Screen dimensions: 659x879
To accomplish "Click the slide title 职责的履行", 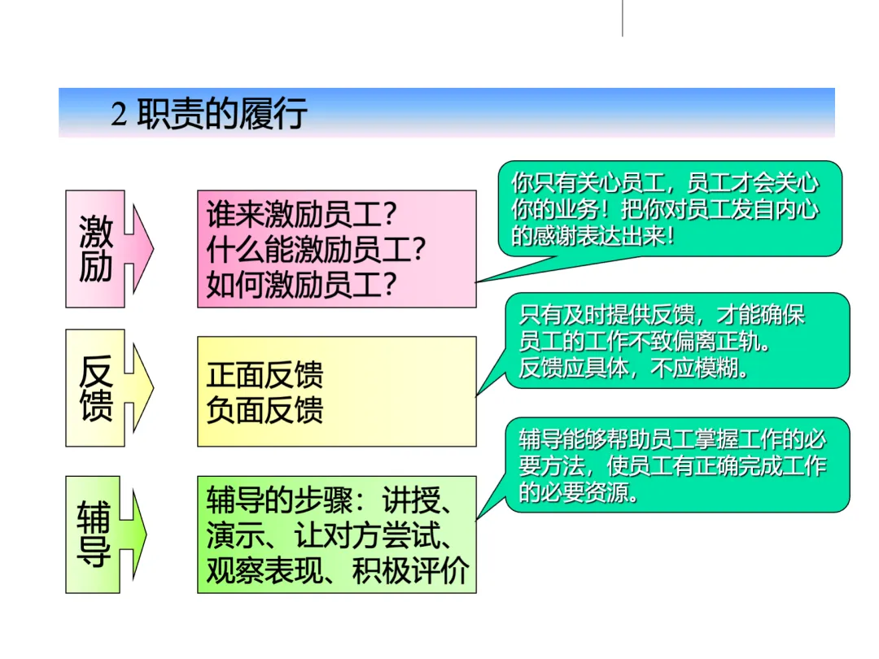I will coord(222,114).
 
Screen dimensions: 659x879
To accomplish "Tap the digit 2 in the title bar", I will coord(119,115).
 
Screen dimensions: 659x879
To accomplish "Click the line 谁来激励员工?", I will coord(301,216).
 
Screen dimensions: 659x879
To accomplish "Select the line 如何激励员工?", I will coord(301,284).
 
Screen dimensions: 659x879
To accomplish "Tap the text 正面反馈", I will coord(265,375).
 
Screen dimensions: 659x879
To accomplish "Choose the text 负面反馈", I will coord(265,409).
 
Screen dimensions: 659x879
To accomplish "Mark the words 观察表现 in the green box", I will coord(265,571).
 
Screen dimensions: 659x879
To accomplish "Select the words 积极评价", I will coord(411,571).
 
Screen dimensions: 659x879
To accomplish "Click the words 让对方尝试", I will coord(366,535).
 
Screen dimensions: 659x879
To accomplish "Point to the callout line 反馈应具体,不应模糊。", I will coord(634,369).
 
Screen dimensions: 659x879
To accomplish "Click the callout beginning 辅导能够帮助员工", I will coord(672,465).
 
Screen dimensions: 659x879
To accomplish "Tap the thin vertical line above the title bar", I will coord(623,18).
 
